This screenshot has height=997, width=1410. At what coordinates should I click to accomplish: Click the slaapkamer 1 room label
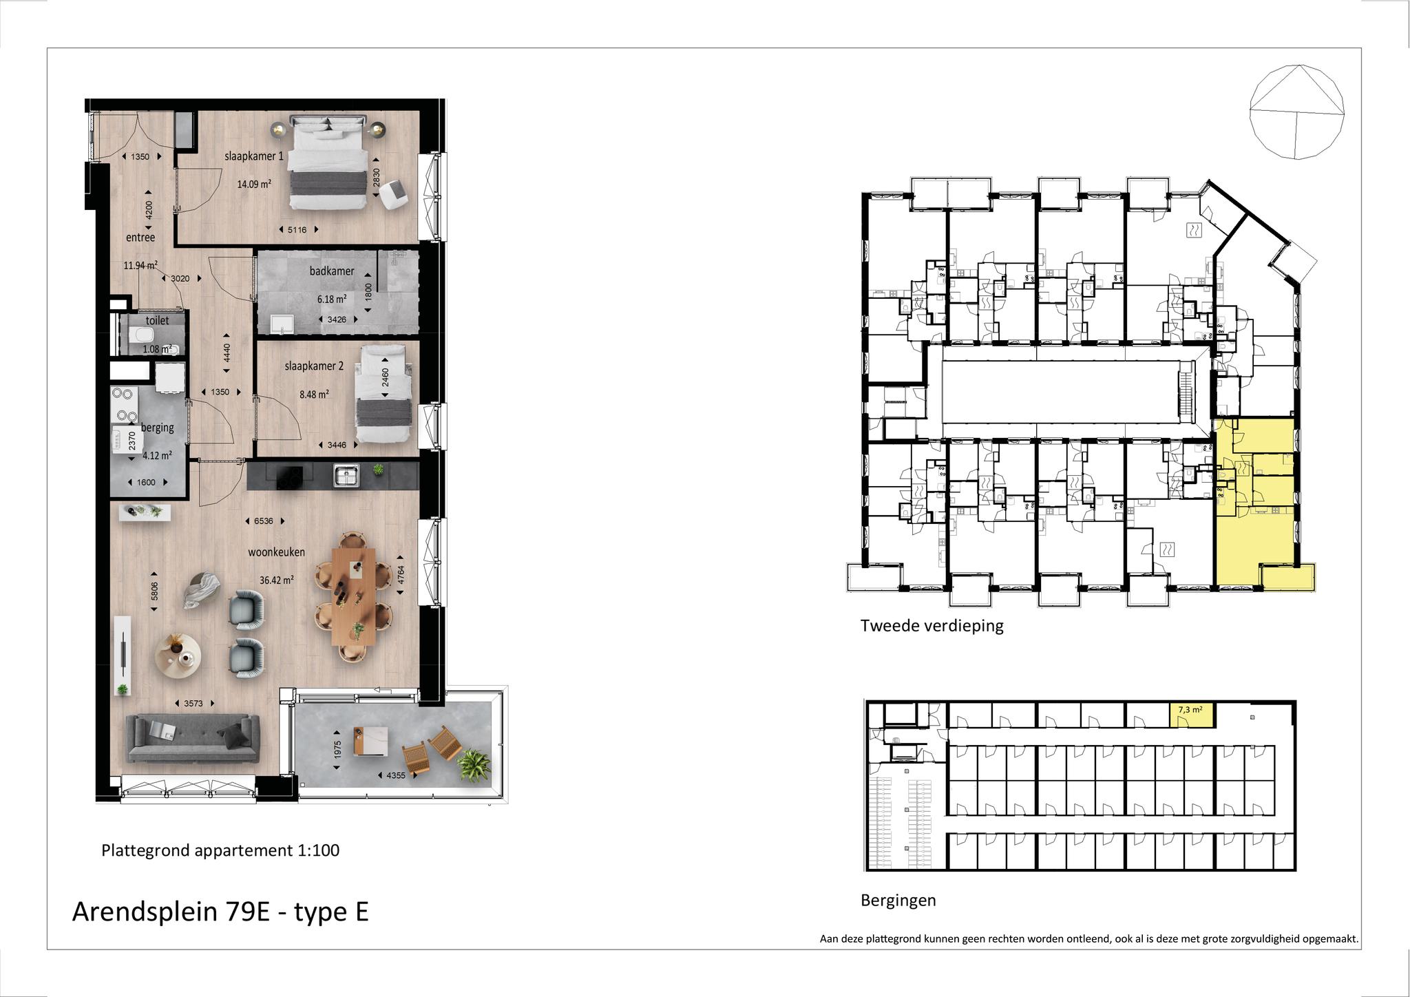tap(254, 156)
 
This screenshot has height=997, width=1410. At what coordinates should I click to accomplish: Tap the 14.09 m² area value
tap(254, 185)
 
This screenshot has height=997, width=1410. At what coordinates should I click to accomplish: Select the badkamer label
tap(332, 271)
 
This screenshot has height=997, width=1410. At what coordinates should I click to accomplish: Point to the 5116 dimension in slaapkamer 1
tap(297, 230)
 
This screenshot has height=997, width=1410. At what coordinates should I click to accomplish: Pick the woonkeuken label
tap(277, 552)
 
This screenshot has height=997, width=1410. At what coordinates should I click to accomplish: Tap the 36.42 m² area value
tap(277, 580)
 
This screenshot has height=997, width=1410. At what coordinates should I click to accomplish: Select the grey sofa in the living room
tap(193, 738)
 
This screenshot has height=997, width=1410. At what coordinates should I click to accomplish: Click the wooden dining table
tap(353, 596)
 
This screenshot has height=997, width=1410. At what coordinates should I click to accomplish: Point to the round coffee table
tap(178, 654)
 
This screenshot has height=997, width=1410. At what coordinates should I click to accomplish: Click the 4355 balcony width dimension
tap(397, 775)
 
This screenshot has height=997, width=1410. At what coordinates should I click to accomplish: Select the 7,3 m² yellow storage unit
tap(1192, 715)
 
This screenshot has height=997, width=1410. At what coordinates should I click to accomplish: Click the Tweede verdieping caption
tap(932, 626)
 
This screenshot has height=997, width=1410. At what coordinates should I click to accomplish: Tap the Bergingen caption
tap(898, 901)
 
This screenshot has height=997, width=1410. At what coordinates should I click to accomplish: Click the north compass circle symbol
tap(1296, 112)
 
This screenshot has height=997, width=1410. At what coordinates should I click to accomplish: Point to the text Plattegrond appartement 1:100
tap(220, 850)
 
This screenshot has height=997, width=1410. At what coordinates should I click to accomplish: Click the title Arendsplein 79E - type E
tap(220, 912)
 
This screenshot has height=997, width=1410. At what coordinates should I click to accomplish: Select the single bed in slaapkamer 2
tap(386, 394)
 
